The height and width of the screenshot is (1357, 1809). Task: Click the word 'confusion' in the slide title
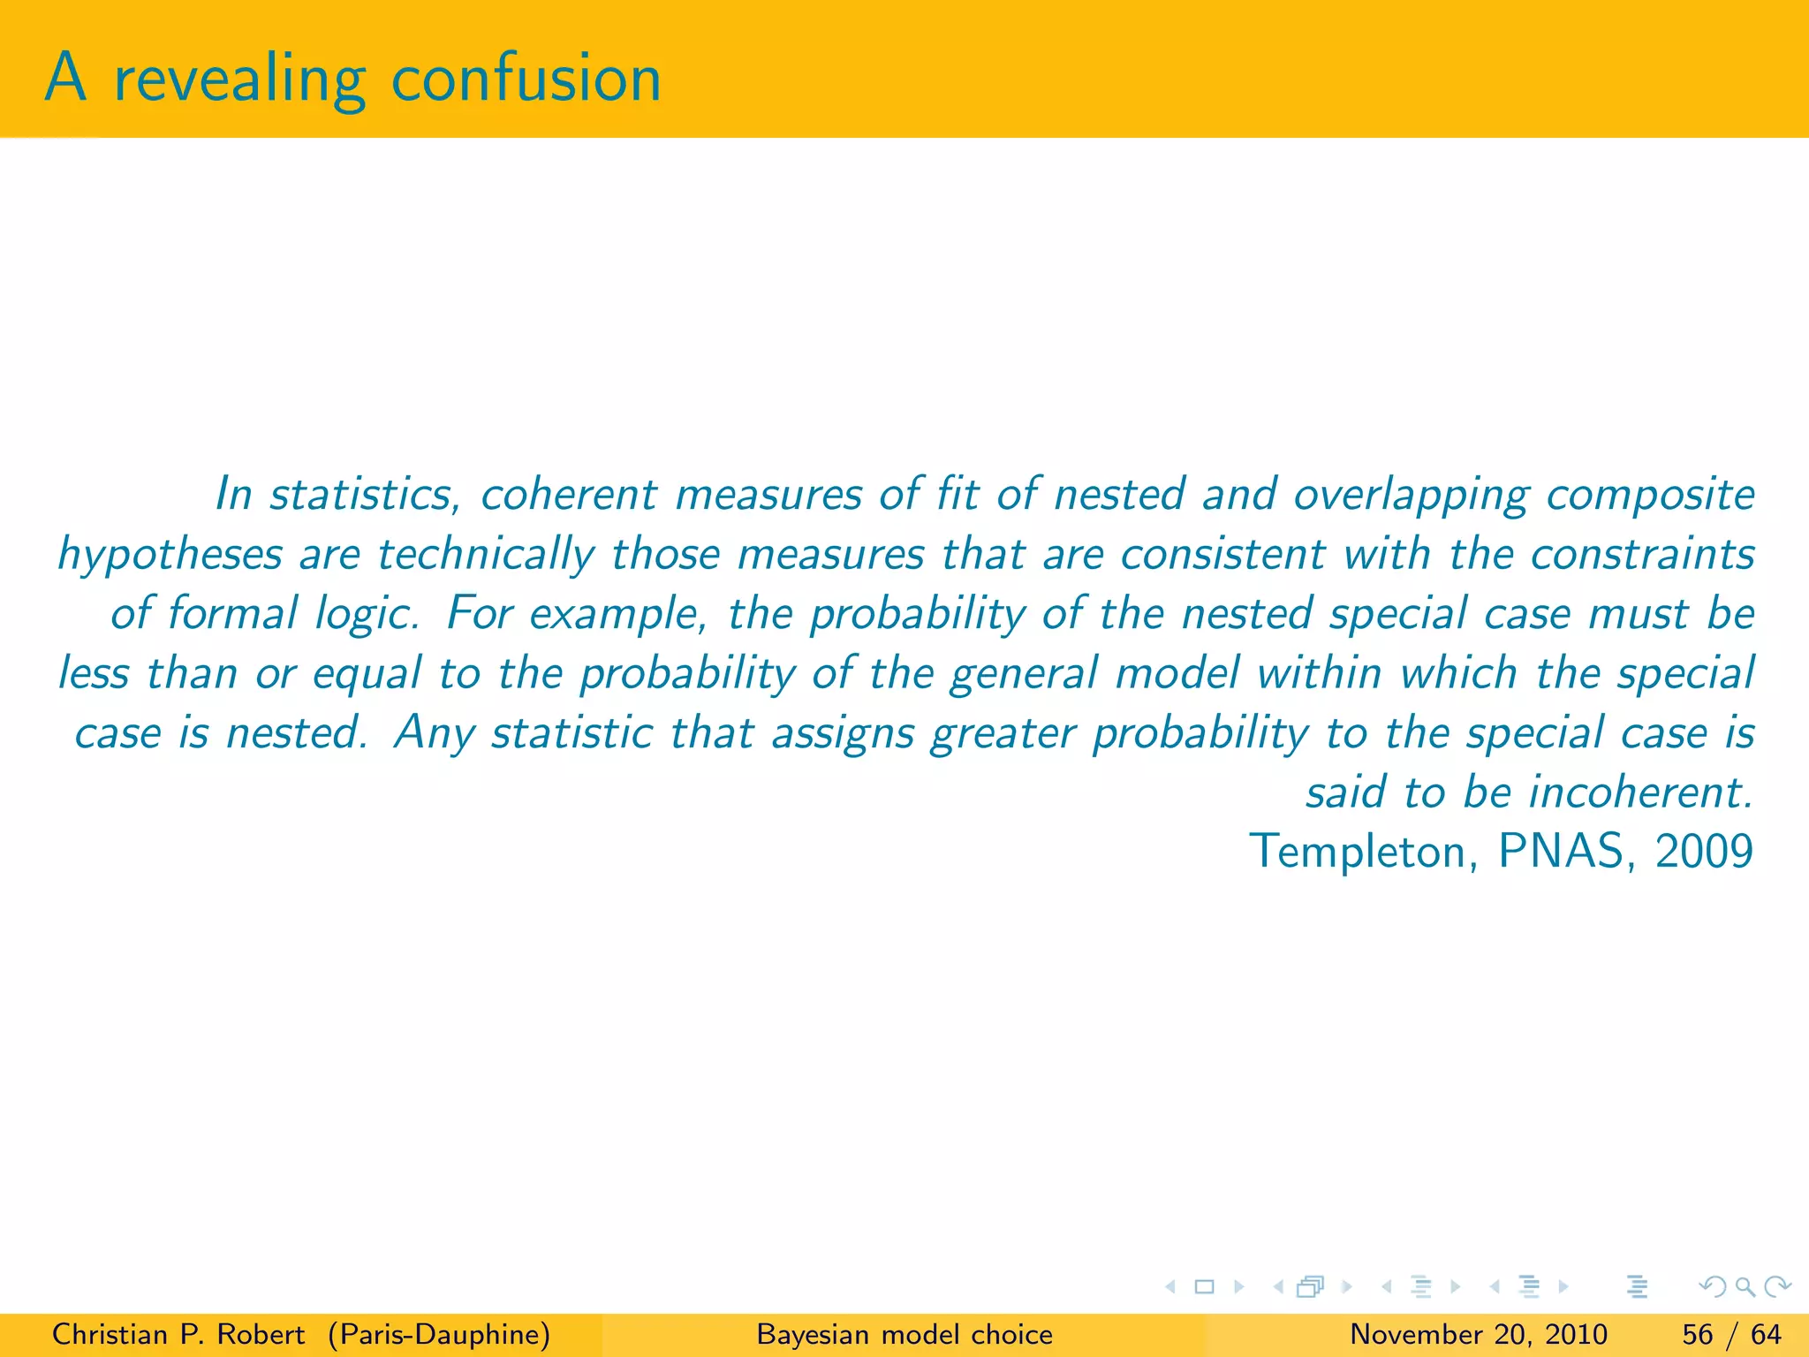pos(526,80)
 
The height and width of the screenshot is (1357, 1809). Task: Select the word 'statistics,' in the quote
pos(365,494)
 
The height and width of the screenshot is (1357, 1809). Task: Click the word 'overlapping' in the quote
pos(1411,496)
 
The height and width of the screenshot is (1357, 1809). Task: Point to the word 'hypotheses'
pos(170,556)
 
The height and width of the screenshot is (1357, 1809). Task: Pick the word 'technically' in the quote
pos(486,556)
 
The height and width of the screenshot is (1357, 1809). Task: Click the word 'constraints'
pos(1642,554)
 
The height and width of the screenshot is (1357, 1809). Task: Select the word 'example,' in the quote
pos(619,615)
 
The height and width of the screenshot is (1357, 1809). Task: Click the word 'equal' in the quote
pos(367,674)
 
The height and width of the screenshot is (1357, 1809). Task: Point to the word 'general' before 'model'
pos(1024,674)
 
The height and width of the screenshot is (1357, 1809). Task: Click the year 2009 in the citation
pos(1704,852)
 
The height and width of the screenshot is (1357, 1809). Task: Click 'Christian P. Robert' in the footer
pos(178,1334)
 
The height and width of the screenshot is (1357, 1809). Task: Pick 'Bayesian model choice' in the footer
pos(904,1334)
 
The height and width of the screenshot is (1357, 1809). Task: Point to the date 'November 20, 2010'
pos(1479,1334)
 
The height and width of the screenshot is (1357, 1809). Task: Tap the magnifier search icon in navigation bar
pos(1745,1287)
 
